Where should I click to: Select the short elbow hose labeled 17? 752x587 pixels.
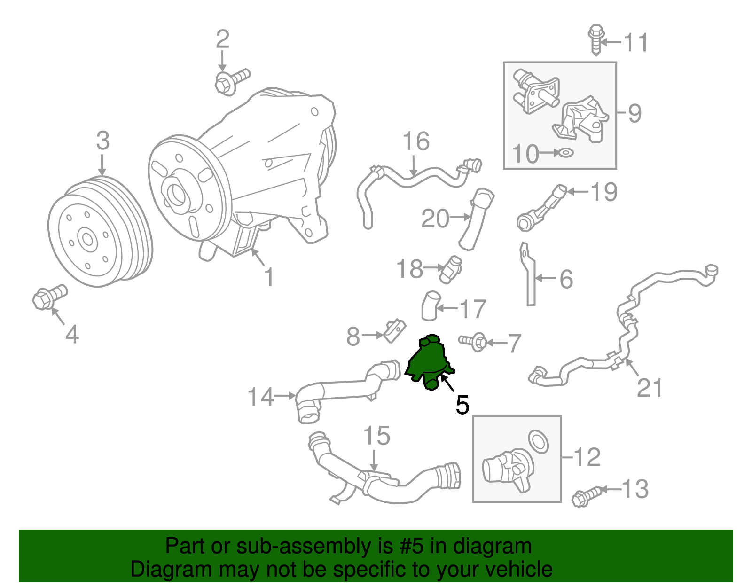pos(430,305)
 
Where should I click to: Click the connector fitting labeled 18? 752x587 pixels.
pos(451,269)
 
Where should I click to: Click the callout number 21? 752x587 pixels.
pos(650,388)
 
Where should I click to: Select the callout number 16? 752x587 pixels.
pos(416,141)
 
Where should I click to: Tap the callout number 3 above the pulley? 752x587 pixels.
pos(102,141)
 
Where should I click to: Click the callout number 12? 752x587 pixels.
pos(587,457)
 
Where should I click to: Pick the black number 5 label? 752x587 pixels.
pos(462,405)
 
